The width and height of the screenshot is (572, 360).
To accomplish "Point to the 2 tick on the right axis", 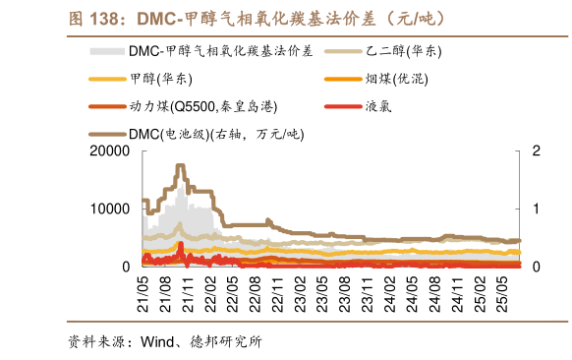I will point(536,151).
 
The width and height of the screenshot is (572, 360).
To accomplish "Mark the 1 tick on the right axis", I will point(536,209).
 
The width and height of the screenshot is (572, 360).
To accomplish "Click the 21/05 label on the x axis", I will point(143,291).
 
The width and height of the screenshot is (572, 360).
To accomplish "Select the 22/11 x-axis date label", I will point(278,291).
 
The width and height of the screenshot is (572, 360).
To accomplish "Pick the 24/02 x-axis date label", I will point(390,291).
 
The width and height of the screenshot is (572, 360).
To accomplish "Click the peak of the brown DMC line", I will point(181,166).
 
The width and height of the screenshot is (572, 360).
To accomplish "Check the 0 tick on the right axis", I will point(536,267).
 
